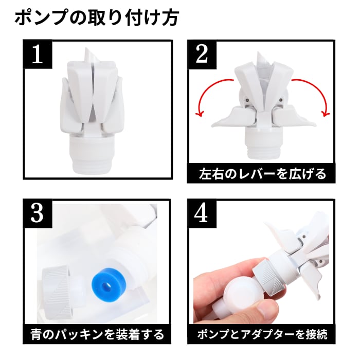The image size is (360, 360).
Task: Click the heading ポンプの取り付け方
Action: (x=97, y=17)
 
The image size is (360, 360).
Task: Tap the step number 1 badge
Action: (x=38, y=54)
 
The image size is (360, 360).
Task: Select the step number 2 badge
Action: (x=202, y=55)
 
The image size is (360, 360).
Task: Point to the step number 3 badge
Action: (x=38, y=213)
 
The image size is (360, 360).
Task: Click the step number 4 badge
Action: (x=202, y=213)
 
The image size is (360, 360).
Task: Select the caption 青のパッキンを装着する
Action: (x=97, y=334)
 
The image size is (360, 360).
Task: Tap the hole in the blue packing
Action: (x=106, y=286)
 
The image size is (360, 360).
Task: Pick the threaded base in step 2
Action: (x=262, y=143)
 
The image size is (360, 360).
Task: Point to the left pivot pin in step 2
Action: (x=247, y=100)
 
